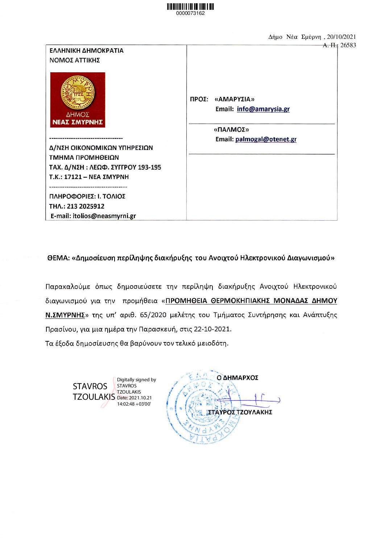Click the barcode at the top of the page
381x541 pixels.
(x=190, y=7)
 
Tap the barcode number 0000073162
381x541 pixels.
(x=190, y=13)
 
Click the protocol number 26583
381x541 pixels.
(x=348, y=45)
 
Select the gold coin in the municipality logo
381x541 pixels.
(x=78, y=93)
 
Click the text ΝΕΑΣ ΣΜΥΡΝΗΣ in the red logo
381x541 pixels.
(x=78, y=122)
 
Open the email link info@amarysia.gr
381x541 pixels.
(x=263, y=109)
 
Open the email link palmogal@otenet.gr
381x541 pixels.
(x=266, y=139)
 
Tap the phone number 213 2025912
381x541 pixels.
(x=86, y=206)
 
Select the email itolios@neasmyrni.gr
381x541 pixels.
(x=104, y=216)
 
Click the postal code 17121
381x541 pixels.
(x=73, y=177)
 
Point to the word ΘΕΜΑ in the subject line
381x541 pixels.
(x=58, y=258)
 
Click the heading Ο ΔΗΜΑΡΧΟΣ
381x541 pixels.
(x=237, y=378)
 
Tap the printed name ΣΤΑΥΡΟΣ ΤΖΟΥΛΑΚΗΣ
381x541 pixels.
(x=240, y=412)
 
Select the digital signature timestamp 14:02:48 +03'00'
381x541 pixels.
(x=134, y=404)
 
